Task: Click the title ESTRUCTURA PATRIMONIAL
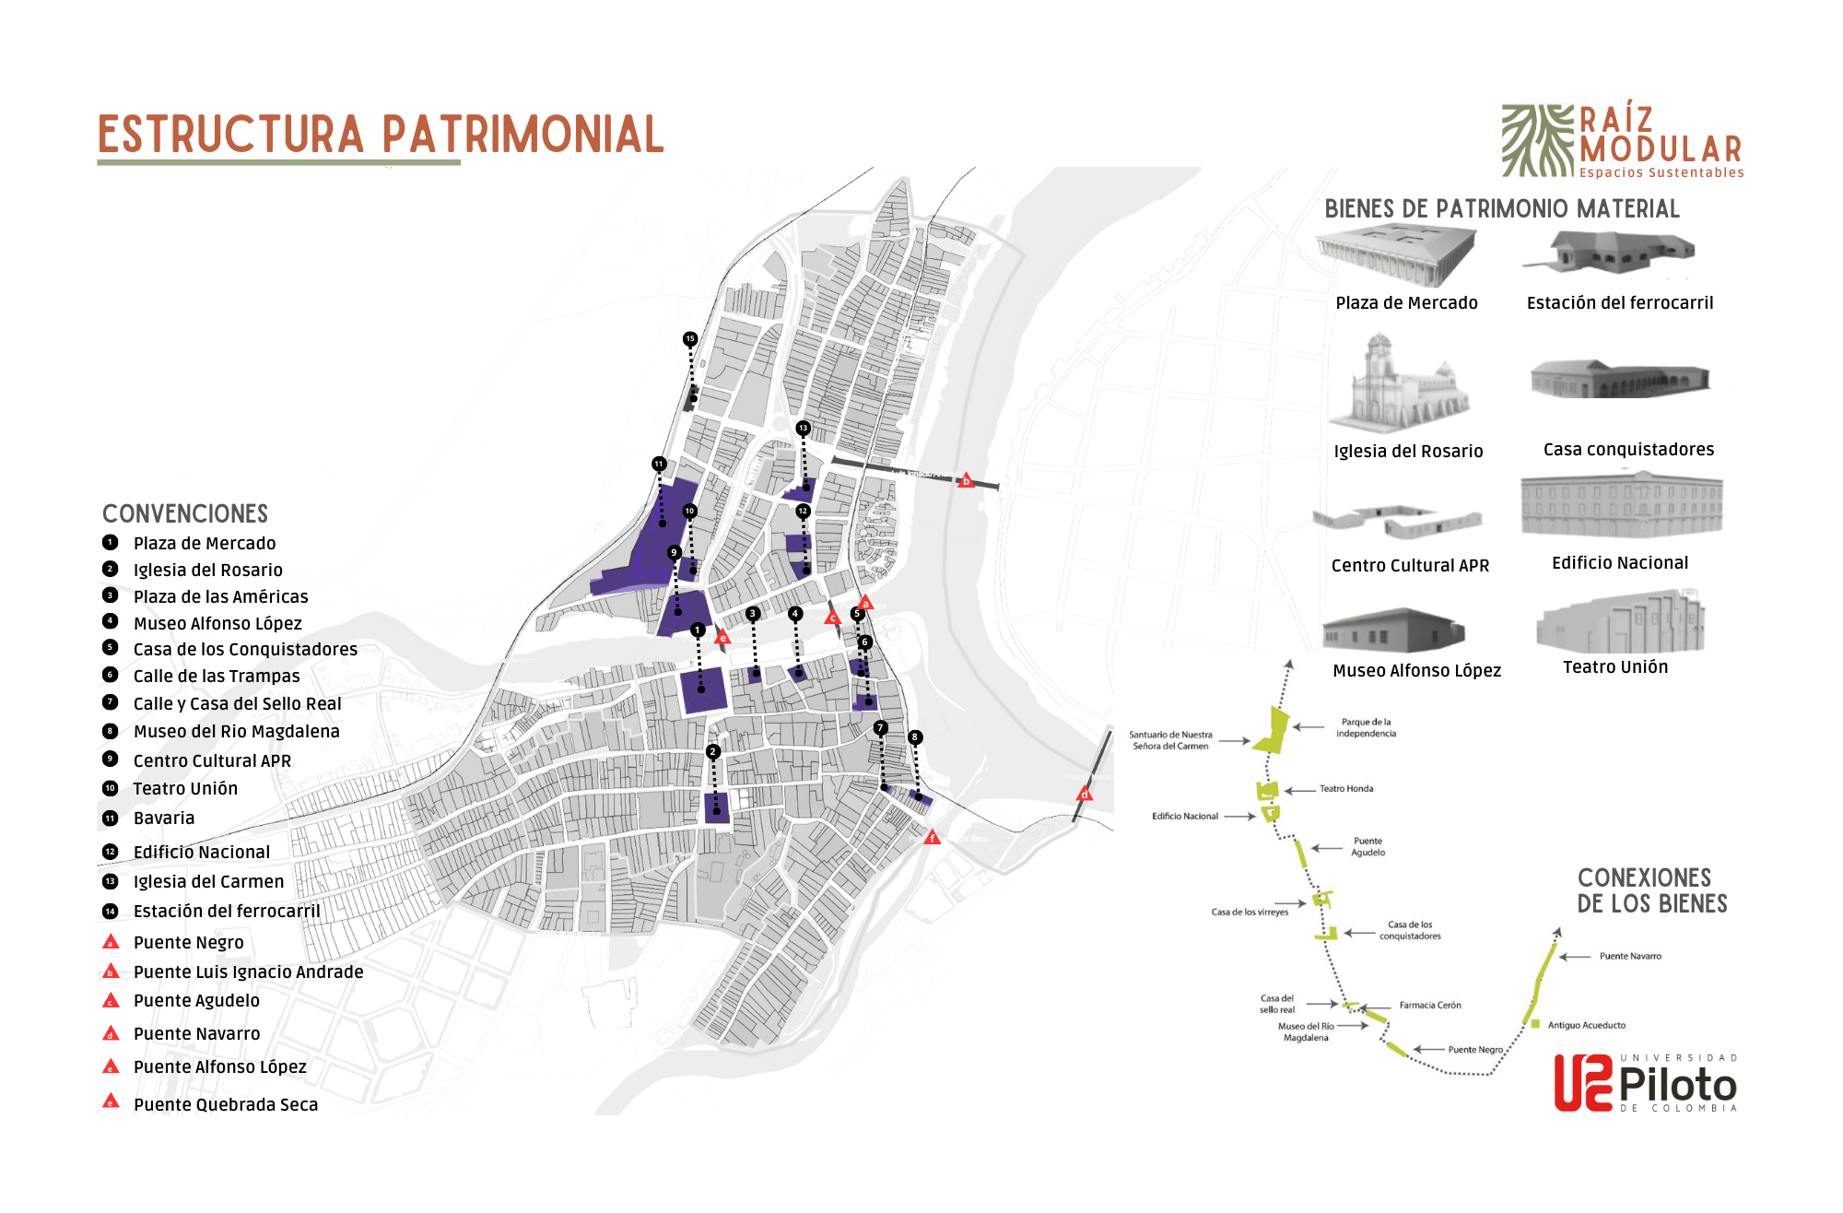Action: coord(380,135)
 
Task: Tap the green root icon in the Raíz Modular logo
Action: coord(1537,140)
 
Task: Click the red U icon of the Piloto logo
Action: coord(1583,1082)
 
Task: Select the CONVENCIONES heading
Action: coord(185,513)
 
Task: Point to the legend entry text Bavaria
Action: coord(164,818)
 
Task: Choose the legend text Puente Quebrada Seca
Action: coord(226,1104)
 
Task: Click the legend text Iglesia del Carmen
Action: coord(208,882)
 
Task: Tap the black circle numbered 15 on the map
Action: coord(690,339)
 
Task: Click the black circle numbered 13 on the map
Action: coord(803,428)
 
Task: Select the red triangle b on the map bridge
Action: coord(966,480)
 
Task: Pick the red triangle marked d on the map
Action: coord(1085,794)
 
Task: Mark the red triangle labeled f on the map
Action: coord(933,838)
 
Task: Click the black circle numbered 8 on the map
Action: coord(914,737)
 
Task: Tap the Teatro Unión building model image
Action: coord(1620,623)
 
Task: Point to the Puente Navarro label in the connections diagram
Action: coord(1630,957)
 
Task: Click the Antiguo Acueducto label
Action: coord(1587,1025)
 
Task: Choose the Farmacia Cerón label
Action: coord(1430,1006)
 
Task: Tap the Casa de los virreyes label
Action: coord(1250,913)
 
